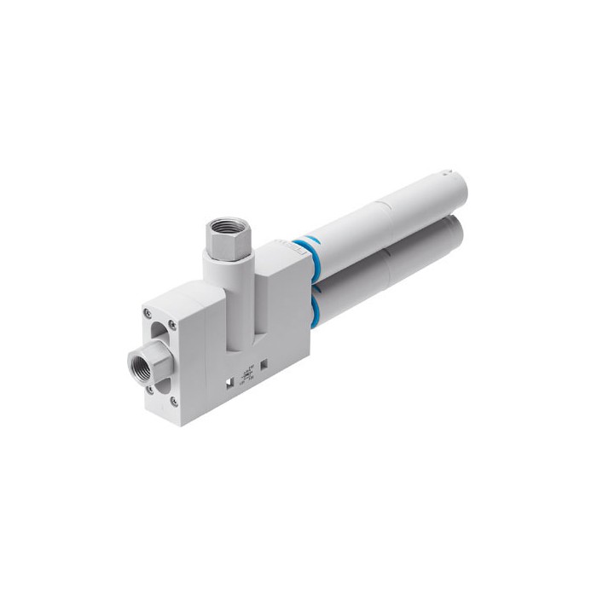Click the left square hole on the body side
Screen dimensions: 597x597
pos(229,377)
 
